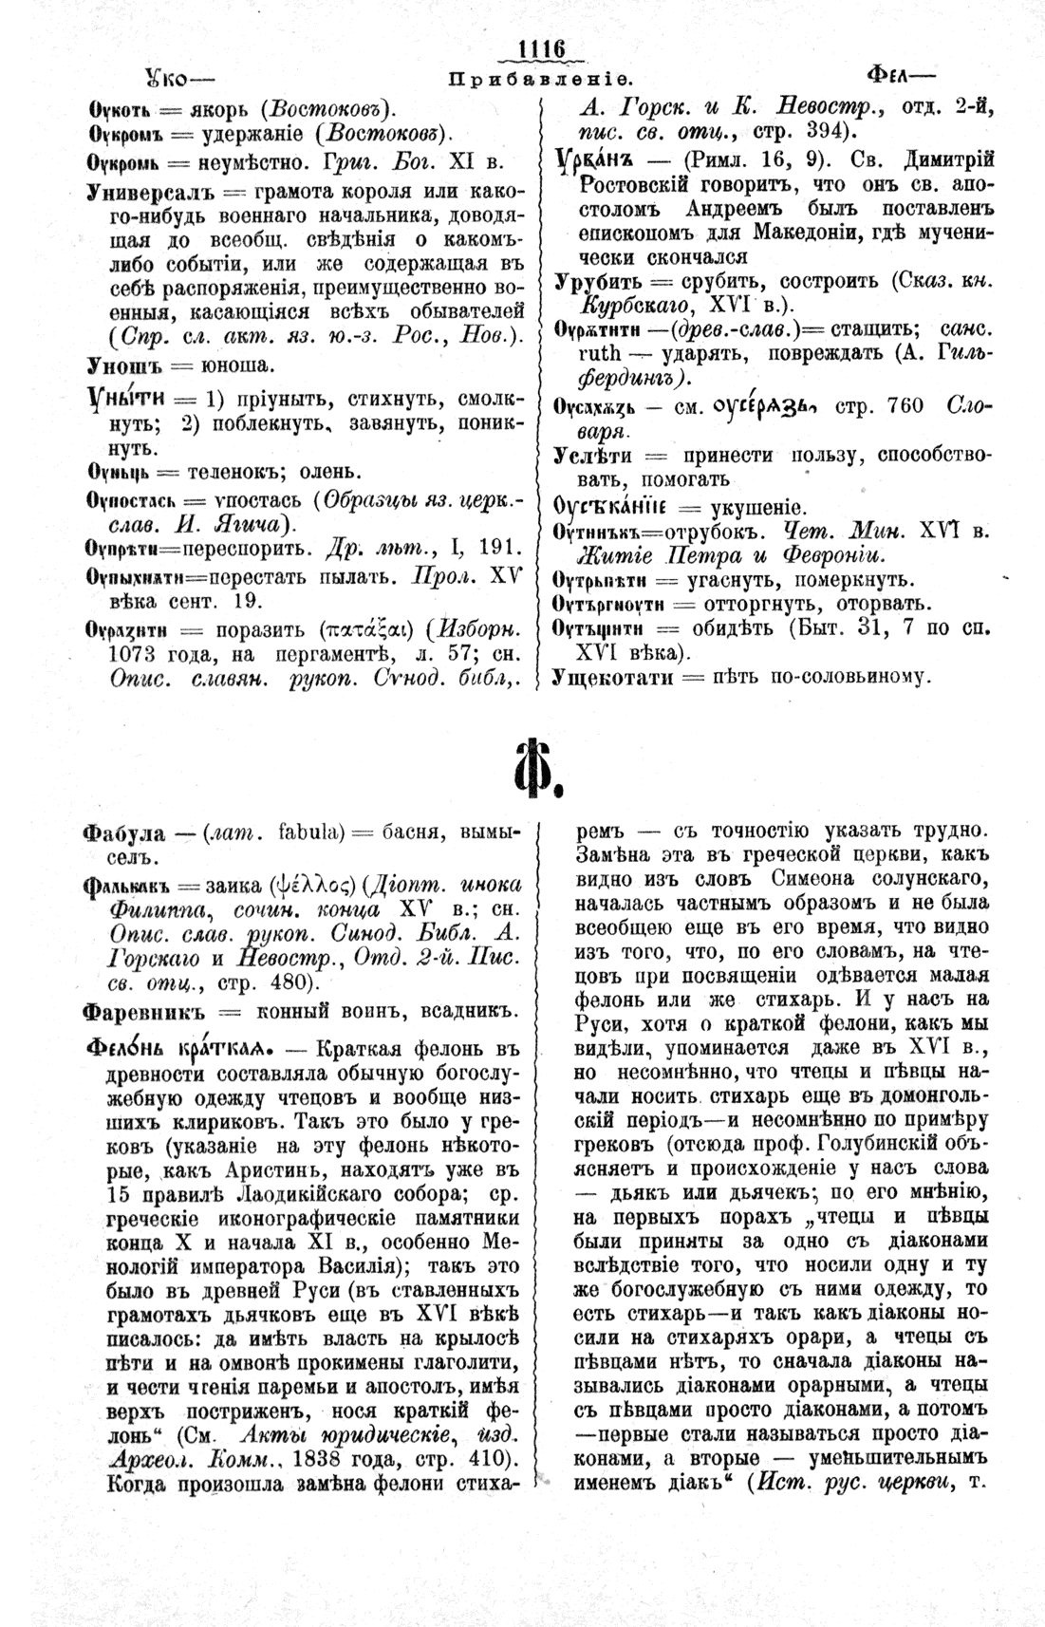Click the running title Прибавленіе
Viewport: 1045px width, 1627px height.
[x=540, y=79]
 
